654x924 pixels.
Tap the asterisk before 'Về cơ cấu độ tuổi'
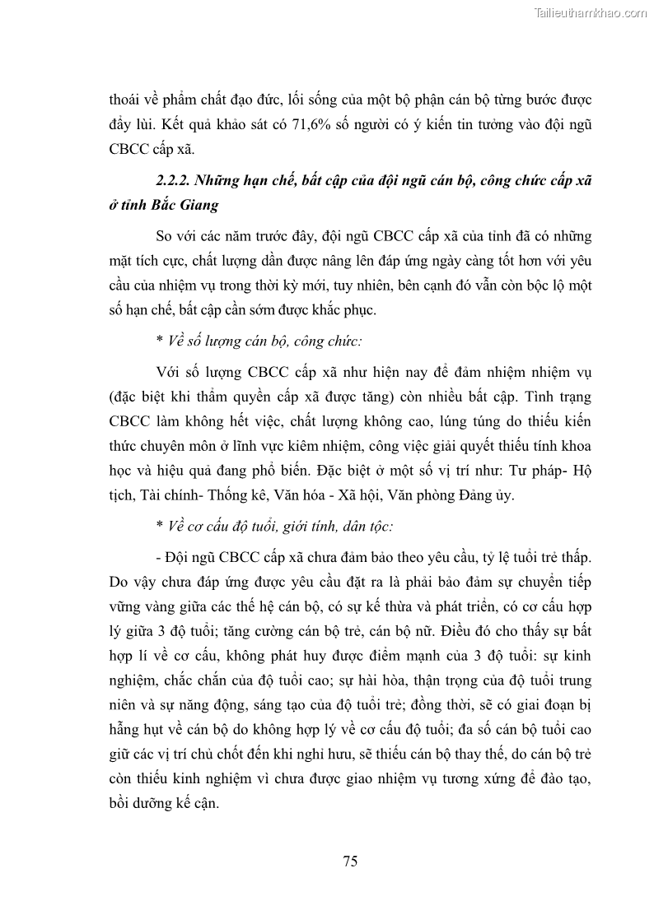pyautogui.click(x=158, y=526)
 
